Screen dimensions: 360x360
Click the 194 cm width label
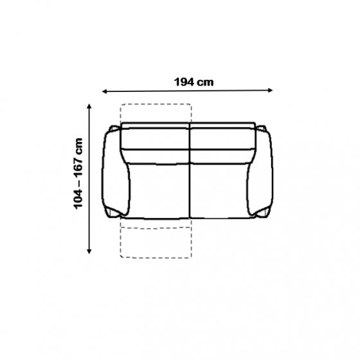point(194,82)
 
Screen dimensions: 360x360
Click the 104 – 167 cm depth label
point(78,174)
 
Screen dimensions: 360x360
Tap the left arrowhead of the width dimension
point(104,91)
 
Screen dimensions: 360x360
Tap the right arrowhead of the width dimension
point(270,90)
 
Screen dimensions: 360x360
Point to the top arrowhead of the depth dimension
point(89,106)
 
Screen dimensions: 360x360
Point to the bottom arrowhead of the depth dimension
point(89,251)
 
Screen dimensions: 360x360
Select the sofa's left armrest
point(116,172)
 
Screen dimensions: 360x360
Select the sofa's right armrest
point(260,172)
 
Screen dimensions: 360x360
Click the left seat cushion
point(159,191)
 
